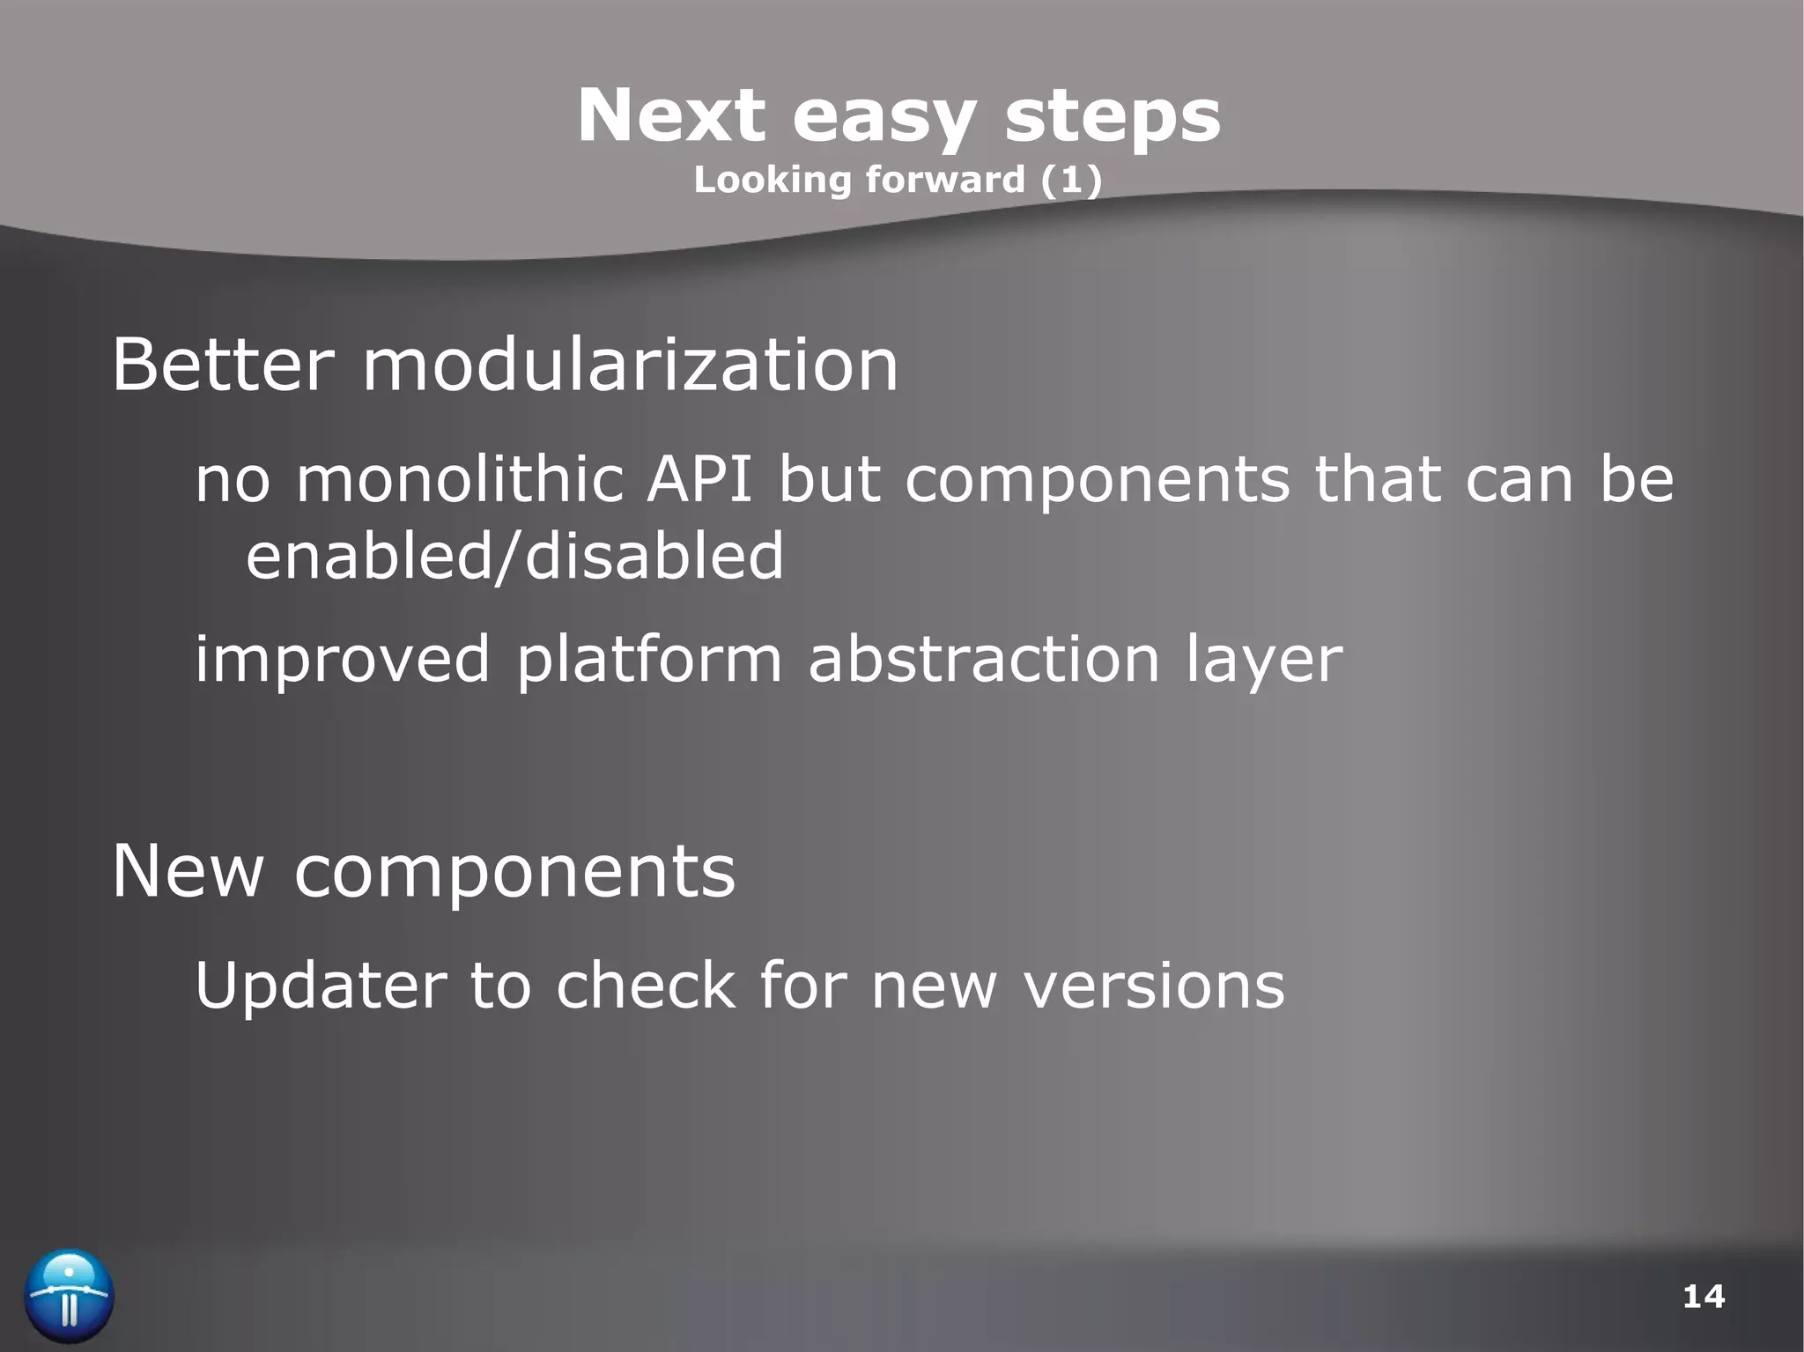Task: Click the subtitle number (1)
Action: pyautogui.click(x=1071, y=180)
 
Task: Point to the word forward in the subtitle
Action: pyautogui.click(x=945, y=180)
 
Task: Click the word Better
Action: pyautogui.click(x=223, y=365)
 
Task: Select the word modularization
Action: pyautogui.click(x=630, y=365)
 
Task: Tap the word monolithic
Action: pyautogui.click(x=459, y=480)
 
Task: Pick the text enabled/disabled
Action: pyautogui.click(x=514, y=557)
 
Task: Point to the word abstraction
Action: pyautogui.click(x=984, y=659)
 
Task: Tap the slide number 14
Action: pyautogui.click(x=1703, y=1297)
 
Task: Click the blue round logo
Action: pyautogui.click(x=69, y=1296)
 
